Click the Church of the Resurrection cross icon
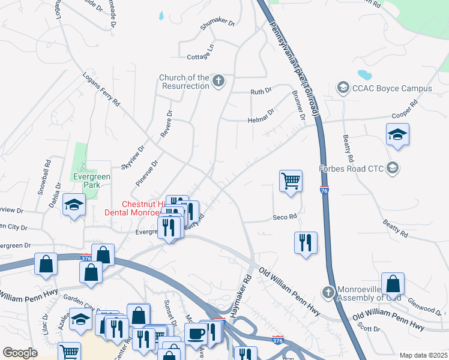pos(219,81)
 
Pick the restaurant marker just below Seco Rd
pos(306,243)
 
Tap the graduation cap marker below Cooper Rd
pos(397,135)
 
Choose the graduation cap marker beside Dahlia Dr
pos(74,206)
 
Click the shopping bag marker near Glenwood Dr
pos(393,284)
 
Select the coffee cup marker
pos(196,333)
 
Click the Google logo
pos(20,353)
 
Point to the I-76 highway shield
pos(324,190)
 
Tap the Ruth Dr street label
pos(261,92)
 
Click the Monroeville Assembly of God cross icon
pos(328,292)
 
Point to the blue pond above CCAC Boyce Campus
pos(364,75)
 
